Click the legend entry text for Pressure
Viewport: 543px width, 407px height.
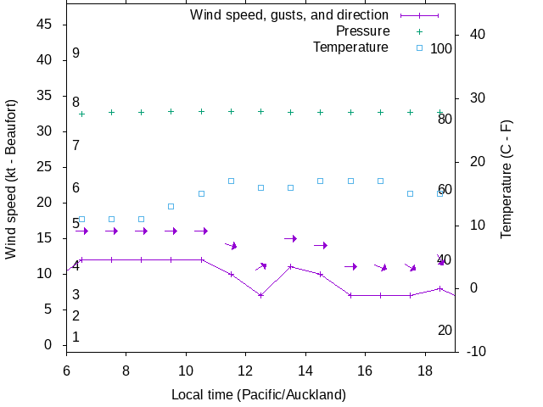tap(362, 31)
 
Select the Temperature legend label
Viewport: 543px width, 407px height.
tap(350, 47)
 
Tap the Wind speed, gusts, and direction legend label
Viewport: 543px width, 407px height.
tap(289, 15)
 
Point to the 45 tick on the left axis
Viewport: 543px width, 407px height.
tap(46, 25)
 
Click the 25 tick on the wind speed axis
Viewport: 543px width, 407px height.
tap(46, 167)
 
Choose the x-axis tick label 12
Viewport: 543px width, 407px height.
tap(245, 371)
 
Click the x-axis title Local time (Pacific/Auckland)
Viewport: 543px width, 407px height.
tap(259, 394)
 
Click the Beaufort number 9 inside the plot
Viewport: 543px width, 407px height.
tap(76, 53)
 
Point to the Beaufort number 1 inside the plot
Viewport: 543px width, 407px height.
tap(76, 337)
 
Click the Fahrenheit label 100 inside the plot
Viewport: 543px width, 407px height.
tap(441, 48)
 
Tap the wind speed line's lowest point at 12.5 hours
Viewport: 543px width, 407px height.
tap(260, 295)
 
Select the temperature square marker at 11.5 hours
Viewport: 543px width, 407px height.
tap(231, 181)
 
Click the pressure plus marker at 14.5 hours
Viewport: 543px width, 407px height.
tap(321, 112)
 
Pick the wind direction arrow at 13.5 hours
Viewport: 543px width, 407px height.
tap(291, 238)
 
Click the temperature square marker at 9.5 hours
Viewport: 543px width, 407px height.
tap(171, 206)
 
